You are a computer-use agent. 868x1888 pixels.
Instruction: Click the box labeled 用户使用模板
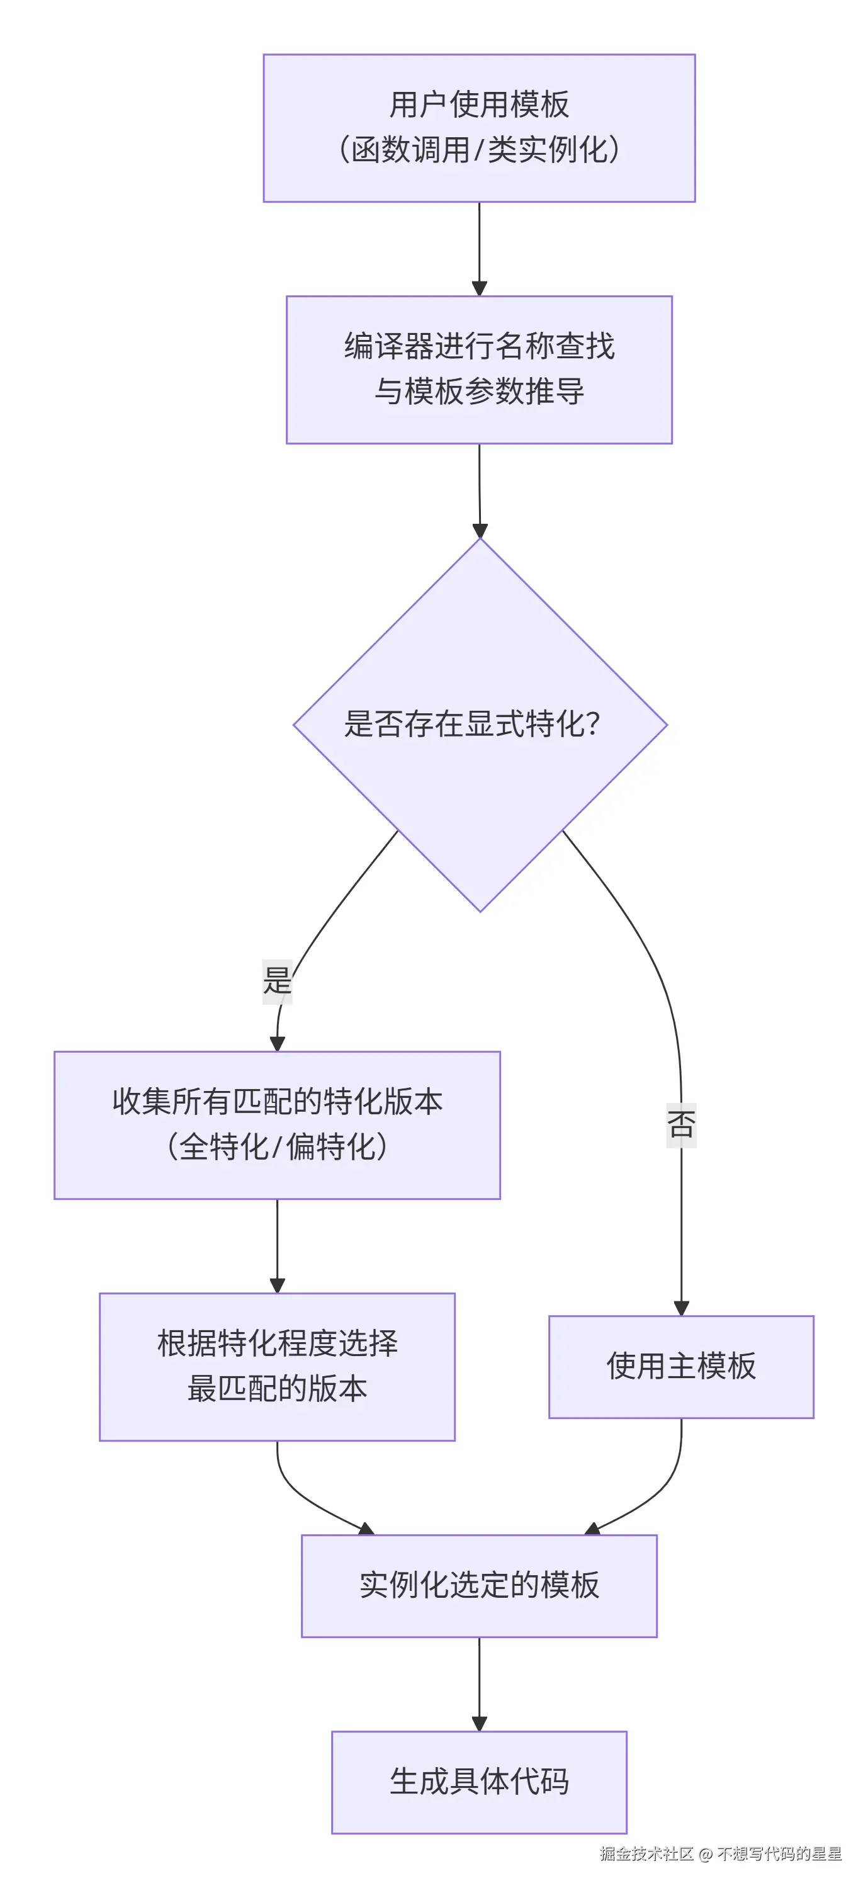(x=480, y=128)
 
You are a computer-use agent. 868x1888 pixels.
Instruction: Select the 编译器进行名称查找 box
(x=480, y=370)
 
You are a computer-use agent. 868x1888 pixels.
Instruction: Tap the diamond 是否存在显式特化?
(x=480, y=725)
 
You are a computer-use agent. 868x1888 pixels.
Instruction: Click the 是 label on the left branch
(x=277, y=981)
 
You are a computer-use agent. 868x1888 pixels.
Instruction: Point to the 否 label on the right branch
(x=681, y=1124)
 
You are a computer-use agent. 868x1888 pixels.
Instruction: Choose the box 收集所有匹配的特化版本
(x=277, y=1125)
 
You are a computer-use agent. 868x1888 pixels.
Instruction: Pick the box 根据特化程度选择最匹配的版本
(x=277, y=1367)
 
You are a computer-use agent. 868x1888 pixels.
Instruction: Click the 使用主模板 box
(x=681, y=1367)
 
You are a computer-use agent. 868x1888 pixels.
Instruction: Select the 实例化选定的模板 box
(x=480, y=1586)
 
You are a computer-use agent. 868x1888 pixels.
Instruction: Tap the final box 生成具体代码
(x=480, y=1782)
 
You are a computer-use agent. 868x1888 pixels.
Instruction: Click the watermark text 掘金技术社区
(x=646, y=1853)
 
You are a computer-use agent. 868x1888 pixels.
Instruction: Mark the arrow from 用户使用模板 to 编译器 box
(x=480, y=249)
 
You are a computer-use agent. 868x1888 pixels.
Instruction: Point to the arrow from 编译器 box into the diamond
(x=480, y=491)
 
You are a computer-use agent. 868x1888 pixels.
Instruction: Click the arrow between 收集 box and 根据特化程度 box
(x=277, y=1246)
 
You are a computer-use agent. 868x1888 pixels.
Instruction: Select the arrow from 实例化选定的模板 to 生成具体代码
(x=480, y=1684)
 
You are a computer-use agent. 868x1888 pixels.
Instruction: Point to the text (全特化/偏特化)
(x=277, y=1147)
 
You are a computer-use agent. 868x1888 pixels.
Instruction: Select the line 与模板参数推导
(x=480, y=392)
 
